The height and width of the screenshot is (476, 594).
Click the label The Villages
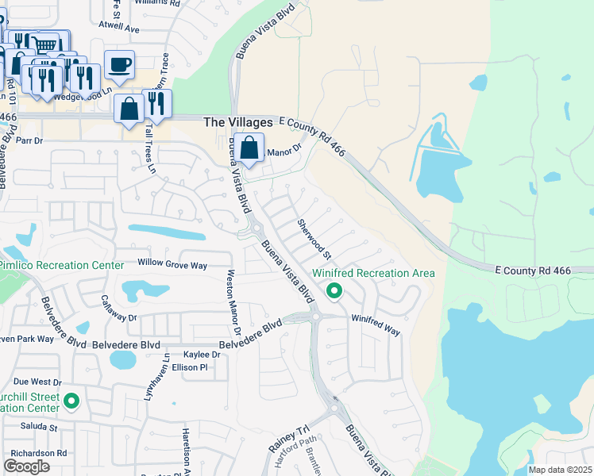point(238,122)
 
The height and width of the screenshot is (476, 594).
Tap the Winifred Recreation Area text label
point(372,273)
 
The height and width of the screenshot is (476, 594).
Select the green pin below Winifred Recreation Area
point(334,292)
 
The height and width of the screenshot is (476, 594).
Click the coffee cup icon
point(119,65)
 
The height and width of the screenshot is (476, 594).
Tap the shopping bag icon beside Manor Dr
point(249,148)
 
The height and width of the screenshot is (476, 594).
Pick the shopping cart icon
point(46,44)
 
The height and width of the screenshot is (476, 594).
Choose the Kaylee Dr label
point(202,355)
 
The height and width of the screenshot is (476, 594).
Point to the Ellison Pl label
point(195,367)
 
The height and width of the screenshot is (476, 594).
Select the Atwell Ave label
point(118,29)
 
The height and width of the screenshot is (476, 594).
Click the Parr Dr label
point(29,140)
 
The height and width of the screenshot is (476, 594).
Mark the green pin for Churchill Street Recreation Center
point(71,402)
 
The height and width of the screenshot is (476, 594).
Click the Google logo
point(27,466)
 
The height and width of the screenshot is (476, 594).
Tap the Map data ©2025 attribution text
point(559,470)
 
